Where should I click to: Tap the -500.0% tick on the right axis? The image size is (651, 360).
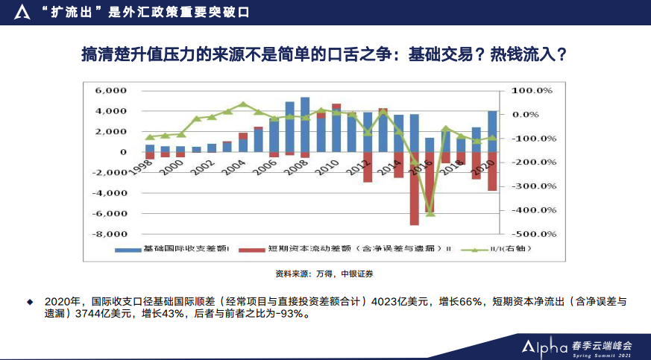pyautogui.click(x=531, y=234)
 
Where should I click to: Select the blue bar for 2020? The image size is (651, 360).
pyautogui.click(x=492, y=131)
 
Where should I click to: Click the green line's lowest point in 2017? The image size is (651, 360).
pyautogui.click(x=430, y=214)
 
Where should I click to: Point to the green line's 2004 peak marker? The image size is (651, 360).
pyautogui.click(x=243, y=104)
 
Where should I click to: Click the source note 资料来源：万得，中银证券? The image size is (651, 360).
pyautogui.click(x=324, y=274)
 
